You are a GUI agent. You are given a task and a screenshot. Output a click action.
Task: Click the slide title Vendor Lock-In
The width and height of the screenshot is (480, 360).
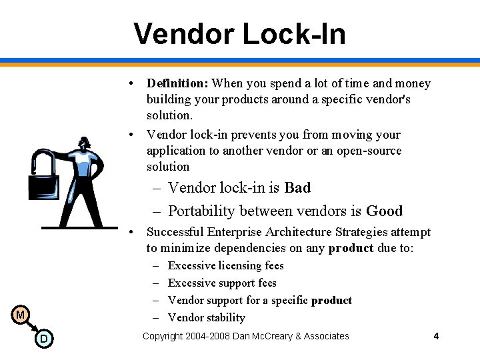point(239,33)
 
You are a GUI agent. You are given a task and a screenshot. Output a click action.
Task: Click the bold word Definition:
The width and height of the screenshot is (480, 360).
point(177,83)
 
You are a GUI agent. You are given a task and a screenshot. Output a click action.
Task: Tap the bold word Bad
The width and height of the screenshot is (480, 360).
point(297,188)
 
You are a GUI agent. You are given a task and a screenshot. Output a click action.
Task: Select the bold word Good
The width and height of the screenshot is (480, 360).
point(385,211)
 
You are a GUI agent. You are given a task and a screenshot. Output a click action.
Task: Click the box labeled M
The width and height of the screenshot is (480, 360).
point(21,315)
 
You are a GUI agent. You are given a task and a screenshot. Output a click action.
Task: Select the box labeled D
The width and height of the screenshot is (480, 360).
point(43,339)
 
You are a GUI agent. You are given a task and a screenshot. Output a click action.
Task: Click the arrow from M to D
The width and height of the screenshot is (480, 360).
point(31,327)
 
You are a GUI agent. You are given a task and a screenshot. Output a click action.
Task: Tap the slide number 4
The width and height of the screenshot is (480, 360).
point(436,336)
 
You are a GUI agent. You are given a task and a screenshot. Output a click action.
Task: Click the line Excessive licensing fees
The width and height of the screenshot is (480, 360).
point(226,265)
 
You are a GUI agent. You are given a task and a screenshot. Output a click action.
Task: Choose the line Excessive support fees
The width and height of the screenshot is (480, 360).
point(222,283)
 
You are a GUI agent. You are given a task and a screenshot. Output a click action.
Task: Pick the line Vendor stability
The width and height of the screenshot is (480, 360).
point(207,317)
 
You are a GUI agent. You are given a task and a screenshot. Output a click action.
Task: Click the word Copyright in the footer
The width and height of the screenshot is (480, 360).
point(164,336)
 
